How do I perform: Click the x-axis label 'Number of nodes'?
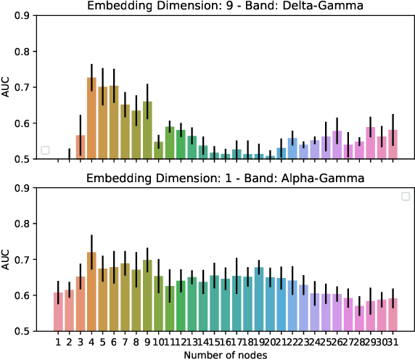[225, 354]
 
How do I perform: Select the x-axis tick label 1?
[58, 341]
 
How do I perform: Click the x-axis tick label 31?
[393, 341]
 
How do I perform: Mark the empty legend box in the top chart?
[46, 150]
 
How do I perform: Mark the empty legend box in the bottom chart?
[406, 195]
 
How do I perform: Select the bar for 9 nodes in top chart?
[147, 130]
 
